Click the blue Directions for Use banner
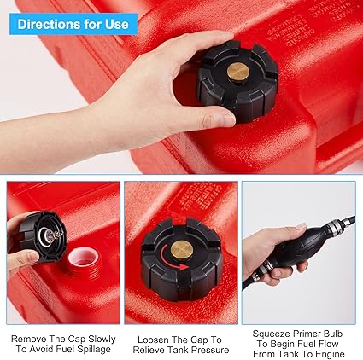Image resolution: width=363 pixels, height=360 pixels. [73, 24]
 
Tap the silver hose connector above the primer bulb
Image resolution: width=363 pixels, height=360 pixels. [335, 226]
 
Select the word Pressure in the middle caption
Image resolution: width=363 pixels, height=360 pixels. [211, 350]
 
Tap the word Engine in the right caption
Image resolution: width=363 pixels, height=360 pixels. [330, 354]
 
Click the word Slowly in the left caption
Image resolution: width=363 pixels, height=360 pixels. [102, 339]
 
